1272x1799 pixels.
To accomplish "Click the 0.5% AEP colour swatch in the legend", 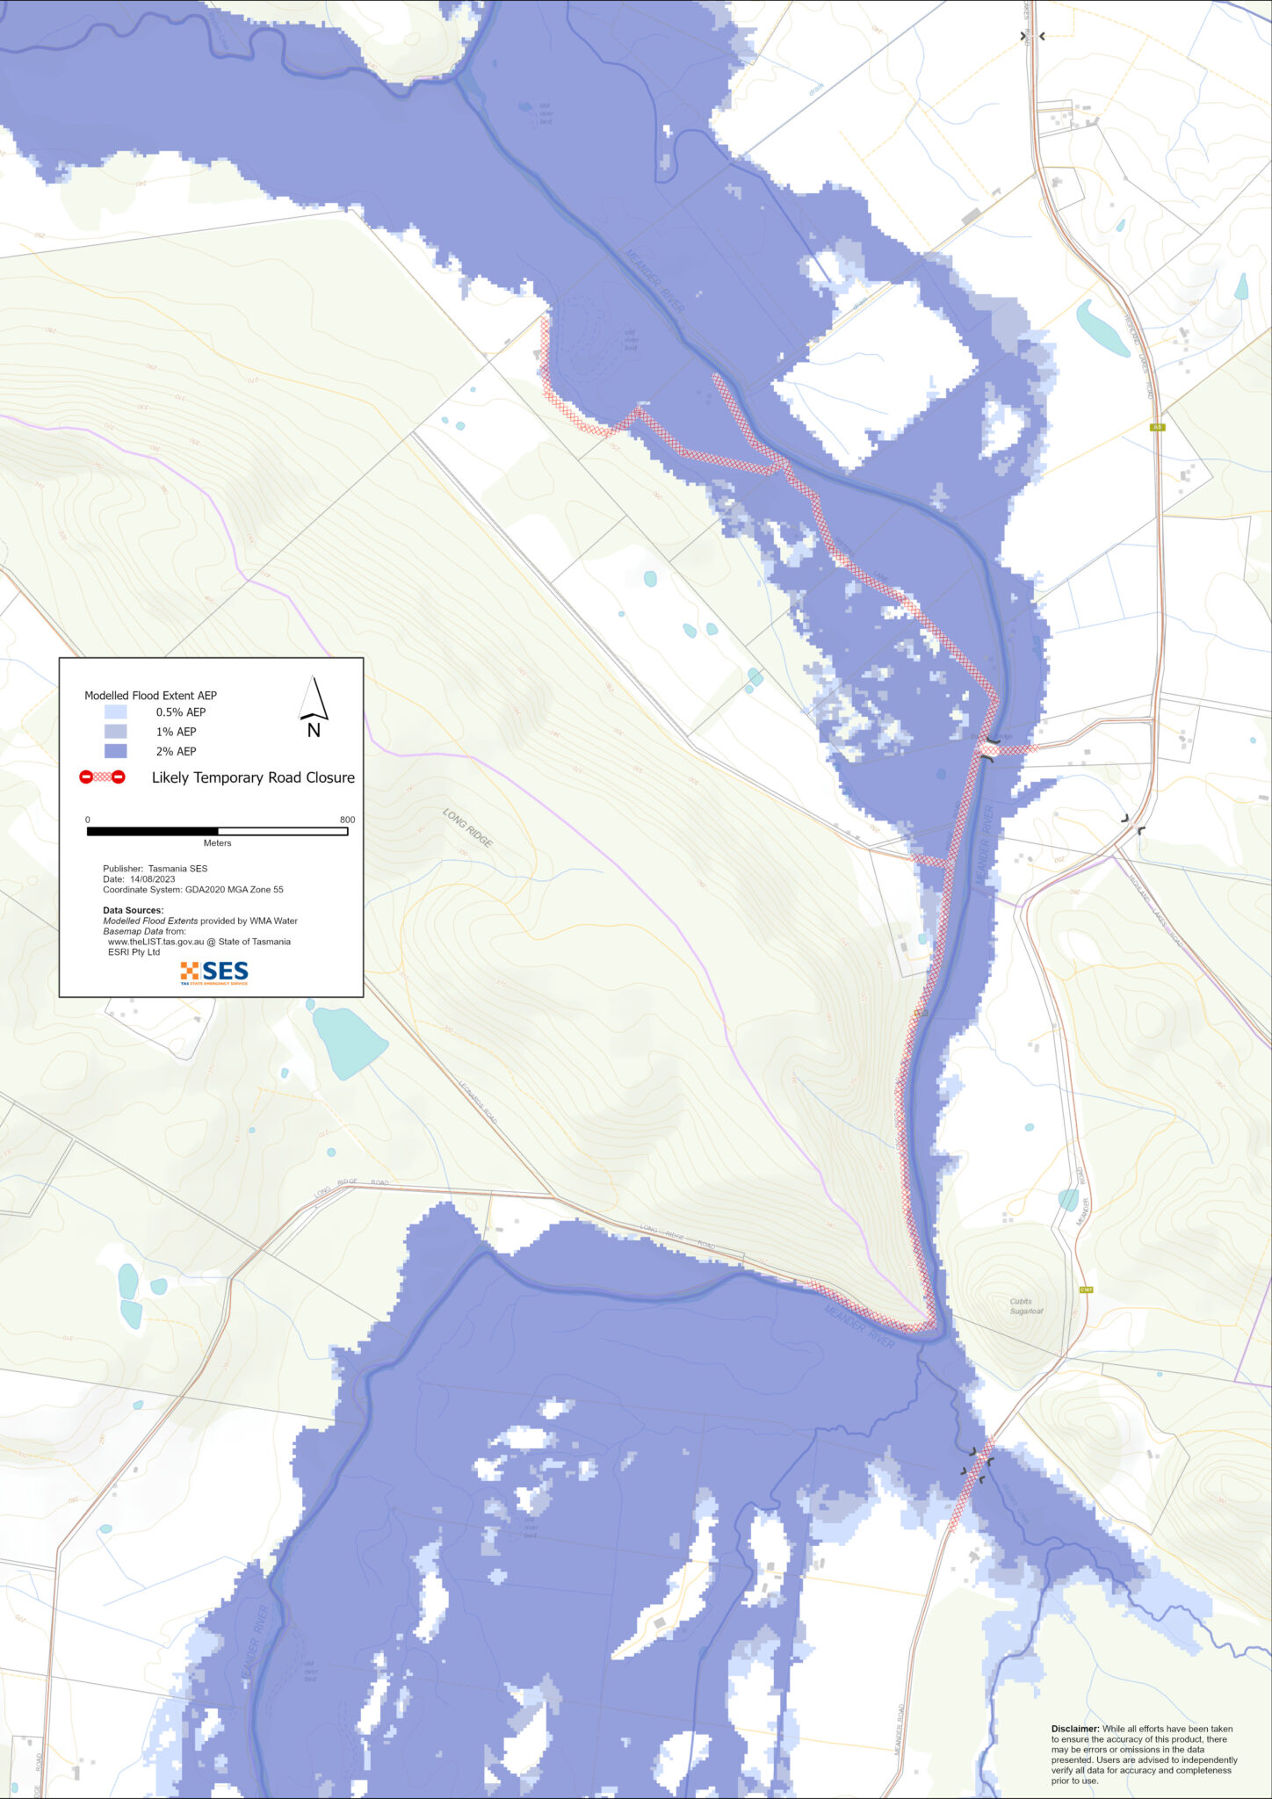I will [x=115, y=712].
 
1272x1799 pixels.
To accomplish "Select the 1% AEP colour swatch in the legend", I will [x=115, y=731].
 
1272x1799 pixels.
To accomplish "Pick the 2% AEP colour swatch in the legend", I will [x=115, y=751].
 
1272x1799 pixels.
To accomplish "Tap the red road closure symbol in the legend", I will [x=103, y=777].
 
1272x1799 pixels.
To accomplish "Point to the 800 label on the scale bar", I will [x=348, y=820].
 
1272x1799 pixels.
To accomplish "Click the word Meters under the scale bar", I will [x=217, y=843].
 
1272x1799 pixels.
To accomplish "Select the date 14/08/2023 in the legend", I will [x=152, y=878].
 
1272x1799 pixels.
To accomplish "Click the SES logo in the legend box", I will [x=214, y=972].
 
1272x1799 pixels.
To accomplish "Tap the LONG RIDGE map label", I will [x=467, y=827].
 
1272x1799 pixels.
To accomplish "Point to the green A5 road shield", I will [x=1158, y=427].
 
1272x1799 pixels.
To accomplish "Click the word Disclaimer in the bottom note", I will [x=1074, y=1729].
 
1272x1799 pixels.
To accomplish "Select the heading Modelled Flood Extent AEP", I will [x=150, y=695].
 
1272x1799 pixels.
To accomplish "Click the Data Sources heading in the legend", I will [x=133, y=910].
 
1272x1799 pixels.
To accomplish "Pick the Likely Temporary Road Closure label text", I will [x=253, y=777].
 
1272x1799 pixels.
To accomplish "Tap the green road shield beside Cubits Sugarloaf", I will [x=1086, y=1290].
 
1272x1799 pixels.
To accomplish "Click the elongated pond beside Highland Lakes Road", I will [x=1102, y=328].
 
